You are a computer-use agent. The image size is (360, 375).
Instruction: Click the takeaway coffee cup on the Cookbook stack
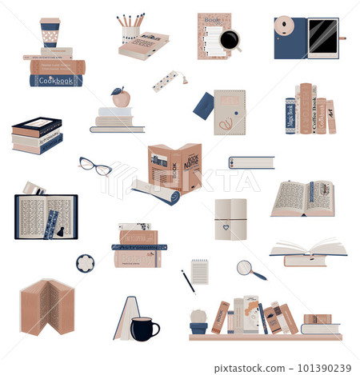click(x=50, y=33)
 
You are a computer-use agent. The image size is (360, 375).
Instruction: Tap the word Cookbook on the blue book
click(x=56, y=80)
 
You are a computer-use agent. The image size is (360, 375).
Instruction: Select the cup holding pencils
click(x=130, y=34)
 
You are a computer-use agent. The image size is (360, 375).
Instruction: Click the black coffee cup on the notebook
click(x=230, y=40)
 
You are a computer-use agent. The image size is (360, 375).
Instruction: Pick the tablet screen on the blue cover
click(x=322, y=38)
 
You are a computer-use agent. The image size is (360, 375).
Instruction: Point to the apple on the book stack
click(x=121, y=98)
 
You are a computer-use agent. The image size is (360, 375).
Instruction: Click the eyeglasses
click(x=95, y=166)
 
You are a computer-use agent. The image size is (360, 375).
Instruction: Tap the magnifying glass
click(x=248, y=269)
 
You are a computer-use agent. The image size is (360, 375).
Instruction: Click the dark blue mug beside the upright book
click(x=144, y=328)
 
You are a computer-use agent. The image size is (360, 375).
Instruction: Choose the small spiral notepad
click(x=199, y=272)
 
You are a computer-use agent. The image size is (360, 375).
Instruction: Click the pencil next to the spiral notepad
click(x=188, y=281)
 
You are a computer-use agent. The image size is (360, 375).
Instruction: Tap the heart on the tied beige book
click(x=226, y=226)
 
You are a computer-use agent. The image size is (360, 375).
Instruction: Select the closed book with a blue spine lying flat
click(x=251, y=162)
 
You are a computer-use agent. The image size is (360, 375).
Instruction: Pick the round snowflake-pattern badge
click(x=85, y=263)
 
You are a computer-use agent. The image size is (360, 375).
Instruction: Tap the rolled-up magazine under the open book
click(x=155, y=193)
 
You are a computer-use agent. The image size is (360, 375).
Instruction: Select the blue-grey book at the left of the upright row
click(x=290, y=115)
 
